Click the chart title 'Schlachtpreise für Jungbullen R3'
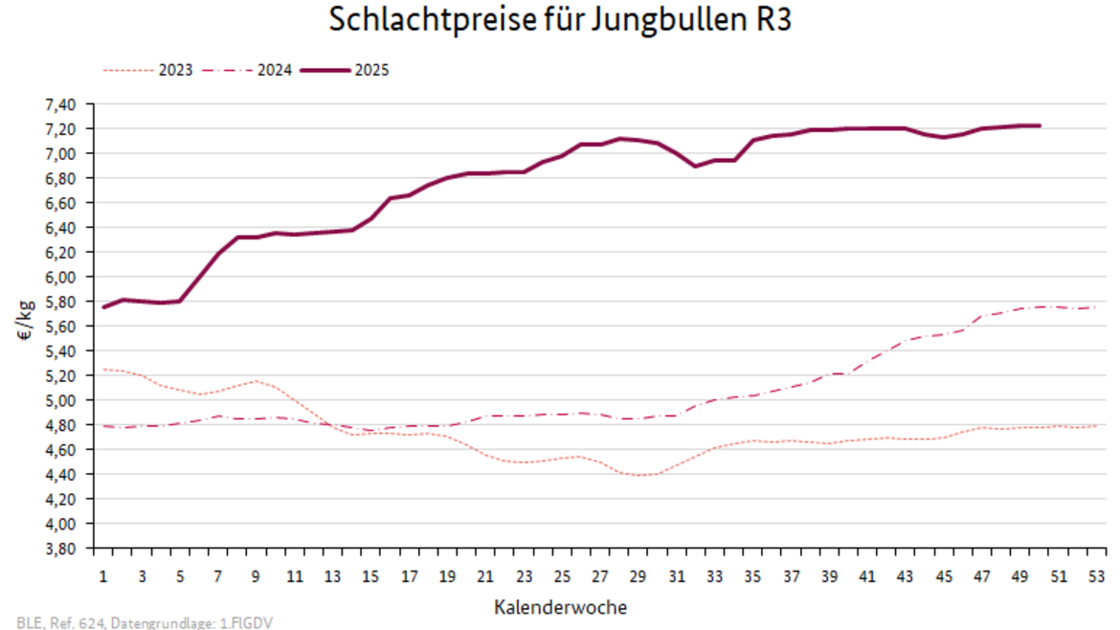[x=560, y=20]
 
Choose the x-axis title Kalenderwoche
[x=561, y=607]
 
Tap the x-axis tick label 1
[x=103, y=577]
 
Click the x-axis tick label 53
[x=1096, y=577]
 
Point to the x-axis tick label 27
[x=600, y=577]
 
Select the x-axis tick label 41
[x=867, y=577]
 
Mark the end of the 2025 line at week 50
[x=1040, y=125]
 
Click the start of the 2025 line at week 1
[x=103, y=306]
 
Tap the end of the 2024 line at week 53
[x=1096, y=307]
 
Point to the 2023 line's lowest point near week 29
[x=639, y=475]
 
